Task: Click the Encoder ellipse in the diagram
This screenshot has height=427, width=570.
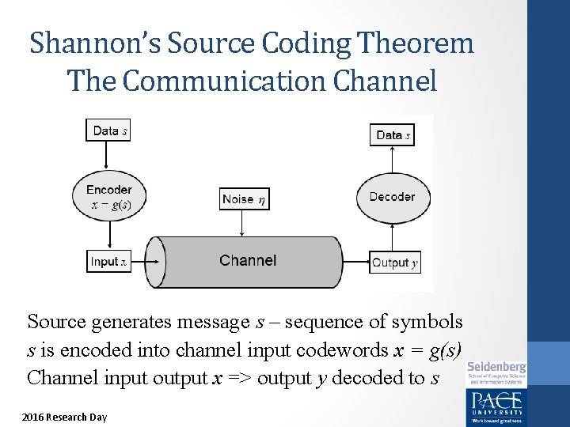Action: [x=108, y=197]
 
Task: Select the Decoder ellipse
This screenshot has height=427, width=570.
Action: [x=392, y=197]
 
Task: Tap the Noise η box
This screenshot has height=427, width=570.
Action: [x=244, y=199]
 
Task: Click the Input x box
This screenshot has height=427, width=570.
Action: [x=108, y=262]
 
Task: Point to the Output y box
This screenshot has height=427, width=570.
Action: [x=393, y=263]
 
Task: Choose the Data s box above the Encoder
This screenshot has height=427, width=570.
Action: [x=108, y=130]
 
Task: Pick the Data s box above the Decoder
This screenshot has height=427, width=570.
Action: [x=393, y=135]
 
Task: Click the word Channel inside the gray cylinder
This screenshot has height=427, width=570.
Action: [x=248, y=261]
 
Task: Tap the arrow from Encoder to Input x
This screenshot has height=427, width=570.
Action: [x=108, y=236]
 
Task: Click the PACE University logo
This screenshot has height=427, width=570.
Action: [x=496, y=404]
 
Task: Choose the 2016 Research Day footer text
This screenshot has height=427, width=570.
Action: [x=65, y=417]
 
